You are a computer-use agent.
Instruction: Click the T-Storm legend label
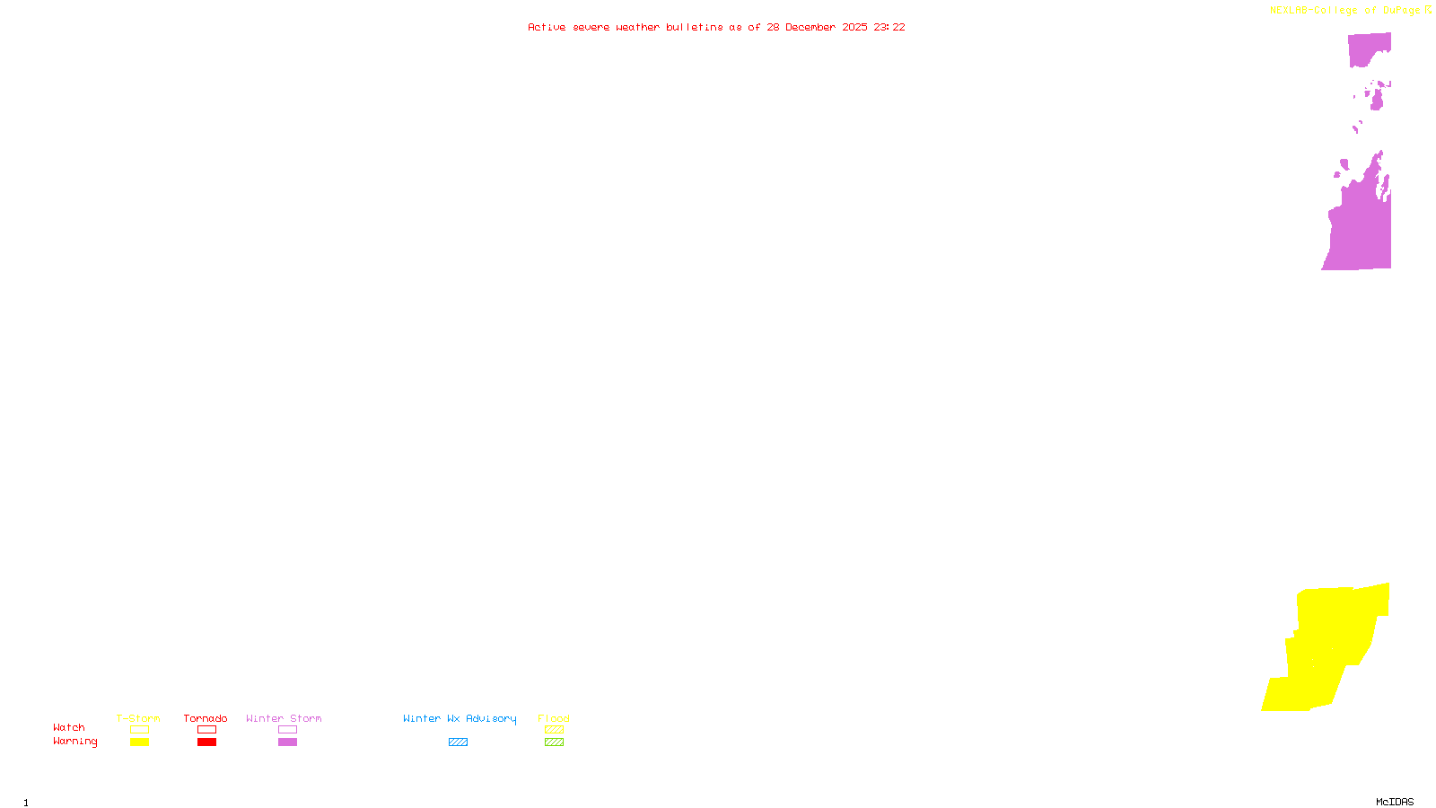pyautogui.click(x=138, y=718)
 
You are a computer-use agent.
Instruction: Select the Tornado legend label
pyautogui.click(x=206, y=718)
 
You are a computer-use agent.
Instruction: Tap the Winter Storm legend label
pyautogui.click(x=284, y=718)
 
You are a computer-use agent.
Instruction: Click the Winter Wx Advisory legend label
pyautogui.click(x=460, y=718)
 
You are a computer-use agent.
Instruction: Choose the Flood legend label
pyautogui.click(x=554, y=718)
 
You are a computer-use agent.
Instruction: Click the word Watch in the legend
pyautogui.click(x=69, y=727)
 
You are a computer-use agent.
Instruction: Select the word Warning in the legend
pyautogui.click(x=75, y=742)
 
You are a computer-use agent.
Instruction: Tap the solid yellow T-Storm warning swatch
pyautogui.click(x=139, y=742)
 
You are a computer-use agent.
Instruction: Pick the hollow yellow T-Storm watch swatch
pyautogui.click(x=139, y=730)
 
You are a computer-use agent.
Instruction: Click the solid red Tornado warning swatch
pyautogui.click(x=206, y=742)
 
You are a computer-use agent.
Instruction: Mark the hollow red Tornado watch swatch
pyautogui.click(x=206, y=730)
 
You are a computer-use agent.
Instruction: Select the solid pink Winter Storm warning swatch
pyautogui.click(x=287, y=742)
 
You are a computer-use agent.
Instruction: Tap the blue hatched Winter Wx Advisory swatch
pyautogui.click(x=458, y=742)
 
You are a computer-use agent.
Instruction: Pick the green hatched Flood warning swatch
pyautogui.click(x=554, y=742)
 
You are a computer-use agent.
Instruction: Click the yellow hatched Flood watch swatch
pyautogui.click(x=554, y=730)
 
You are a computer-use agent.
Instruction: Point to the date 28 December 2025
pyautogui.click(x=817, y=27)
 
